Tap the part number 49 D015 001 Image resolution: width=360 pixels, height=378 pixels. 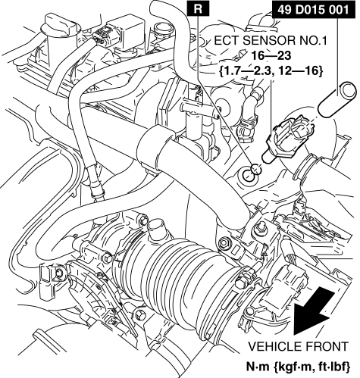(x=314, y=10)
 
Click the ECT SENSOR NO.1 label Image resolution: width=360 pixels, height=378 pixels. (x=271, y=40)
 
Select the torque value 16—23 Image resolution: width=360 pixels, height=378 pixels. (x=271, y=55)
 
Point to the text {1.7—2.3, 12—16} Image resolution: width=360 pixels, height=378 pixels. (x=271, y=71)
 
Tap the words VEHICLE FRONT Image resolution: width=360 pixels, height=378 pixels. (x=299, y=346)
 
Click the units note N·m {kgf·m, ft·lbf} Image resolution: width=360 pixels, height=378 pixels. (x=298, y=367)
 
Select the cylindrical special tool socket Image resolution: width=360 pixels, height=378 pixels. (x=337, y=99)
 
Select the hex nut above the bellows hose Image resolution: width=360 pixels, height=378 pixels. (x=224, y=243)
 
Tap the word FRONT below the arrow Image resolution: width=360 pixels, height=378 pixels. (x=327, y=346)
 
